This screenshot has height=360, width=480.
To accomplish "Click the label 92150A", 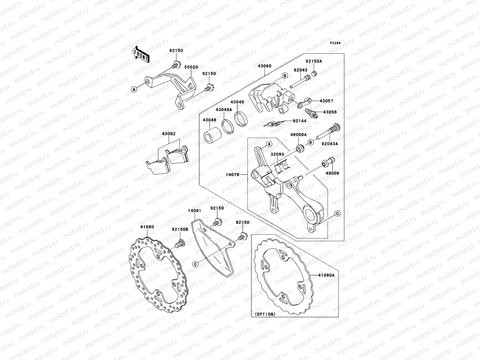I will pos(314,61).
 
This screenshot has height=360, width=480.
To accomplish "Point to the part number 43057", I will pos(326,101).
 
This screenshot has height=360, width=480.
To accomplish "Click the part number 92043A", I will pos(330,144).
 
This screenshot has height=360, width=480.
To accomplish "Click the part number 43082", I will pos(169,134).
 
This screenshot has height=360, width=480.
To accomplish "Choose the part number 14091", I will pos(195,211).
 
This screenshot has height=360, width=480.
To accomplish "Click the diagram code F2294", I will pos(336,43).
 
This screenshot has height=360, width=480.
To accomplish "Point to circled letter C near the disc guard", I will pos(195,264).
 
